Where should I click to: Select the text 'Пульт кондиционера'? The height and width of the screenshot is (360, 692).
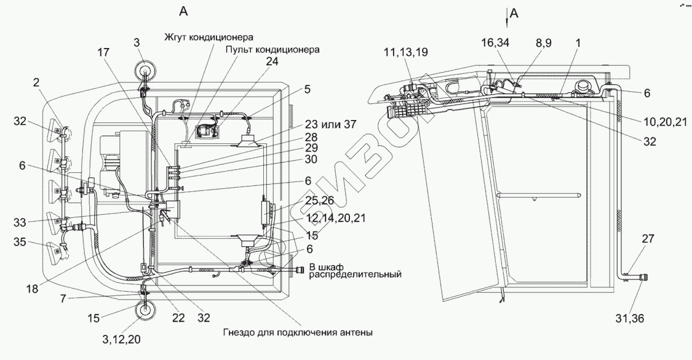pos(272,49)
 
